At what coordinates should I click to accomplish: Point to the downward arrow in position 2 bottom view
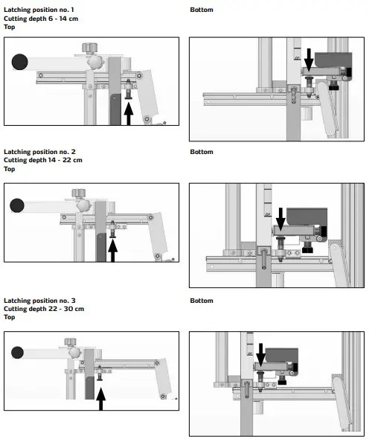280,219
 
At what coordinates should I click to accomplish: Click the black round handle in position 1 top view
19,62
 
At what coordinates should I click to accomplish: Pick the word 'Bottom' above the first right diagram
201,10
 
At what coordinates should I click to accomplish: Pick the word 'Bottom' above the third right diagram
201,301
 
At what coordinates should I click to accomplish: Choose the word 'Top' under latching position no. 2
9,168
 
